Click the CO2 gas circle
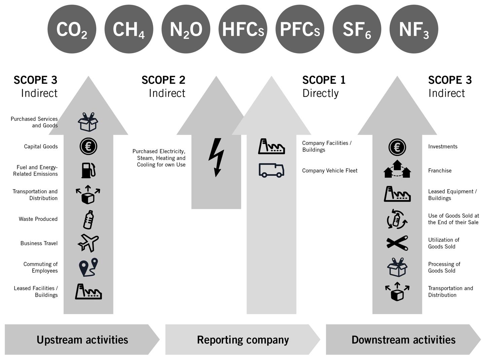tap(72, 29)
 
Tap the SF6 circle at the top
tap(357, 29)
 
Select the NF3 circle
tap(414, 29)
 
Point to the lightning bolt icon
tap(216, 157)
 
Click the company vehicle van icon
tap(271, 170)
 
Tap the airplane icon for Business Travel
tap(88, 243)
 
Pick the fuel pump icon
tap(89, 170)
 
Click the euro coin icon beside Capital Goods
tap(89, 146)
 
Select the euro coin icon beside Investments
tap(397, 147)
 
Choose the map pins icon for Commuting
tap(88, 267)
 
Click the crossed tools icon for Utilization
tap(397, 243)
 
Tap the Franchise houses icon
tap(397, 169)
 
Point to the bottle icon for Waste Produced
tap(89, 220)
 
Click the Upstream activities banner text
tap(82, 340)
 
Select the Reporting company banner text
tap(243, 340)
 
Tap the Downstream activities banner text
tap(403, 340)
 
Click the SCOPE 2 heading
tap(163, 80)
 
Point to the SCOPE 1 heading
tap(324, 80)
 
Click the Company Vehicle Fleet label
tap(329, 171)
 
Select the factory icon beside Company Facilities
tap(271, 146)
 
